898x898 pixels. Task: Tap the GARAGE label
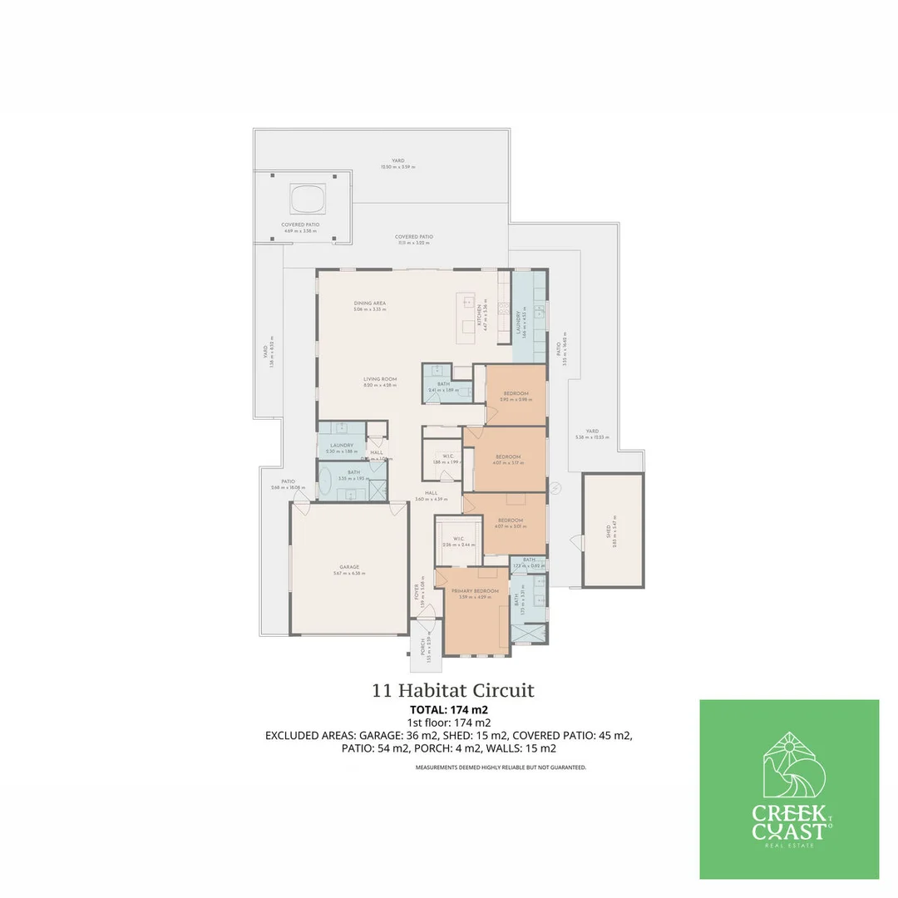tap(349, 567)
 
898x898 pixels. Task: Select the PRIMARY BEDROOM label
tap(475, 591)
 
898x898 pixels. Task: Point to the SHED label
tap(609, 529)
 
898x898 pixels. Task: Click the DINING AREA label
tap(368, 303)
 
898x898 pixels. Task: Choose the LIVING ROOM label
tap(380, 379)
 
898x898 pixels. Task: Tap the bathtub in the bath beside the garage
tap(327, 481)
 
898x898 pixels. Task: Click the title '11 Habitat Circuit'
tap(453, 690)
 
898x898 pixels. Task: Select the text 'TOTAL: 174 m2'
tap(449, 710)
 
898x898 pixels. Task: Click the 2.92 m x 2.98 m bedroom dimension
tap(516, 400)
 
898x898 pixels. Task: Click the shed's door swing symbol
tap(574, 541)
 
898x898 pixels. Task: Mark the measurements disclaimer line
tap(501, 767)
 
